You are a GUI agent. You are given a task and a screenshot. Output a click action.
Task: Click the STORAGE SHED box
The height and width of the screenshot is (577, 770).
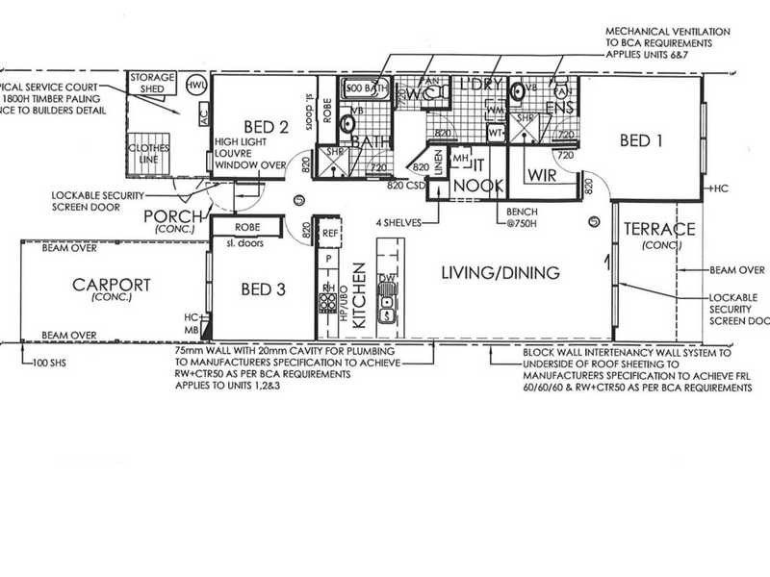pyautogui.click(x=152, y=84)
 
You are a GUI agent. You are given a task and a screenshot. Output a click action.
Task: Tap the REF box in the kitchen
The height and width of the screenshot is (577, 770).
pyautogui.click(x=329, y=233)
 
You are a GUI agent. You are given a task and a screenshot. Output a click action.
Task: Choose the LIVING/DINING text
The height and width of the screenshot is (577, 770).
pyautogui.click(x=500, y=273)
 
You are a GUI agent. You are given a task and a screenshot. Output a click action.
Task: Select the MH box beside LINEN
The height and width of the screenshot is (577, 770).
pyautogui.click(x=460, y=157)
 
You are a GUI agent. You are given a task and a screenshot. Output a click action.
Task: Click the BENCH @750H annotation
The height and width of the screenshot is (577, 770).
pyautogui.click(x=513, y=214)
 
